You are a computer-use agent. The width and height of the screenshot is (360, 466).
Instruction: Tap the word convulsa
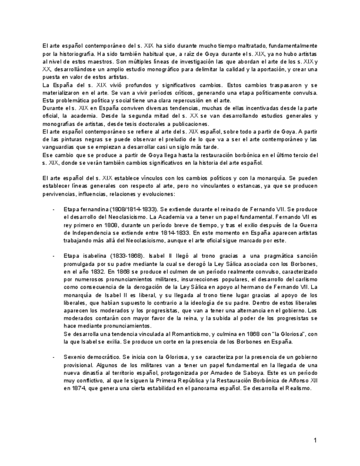304,93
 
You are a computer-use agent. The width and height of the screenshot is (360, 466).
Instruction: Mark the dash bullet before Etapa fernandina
53,209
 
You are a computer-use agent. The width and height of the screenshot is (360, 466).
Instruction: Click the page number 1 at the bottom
315,440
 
